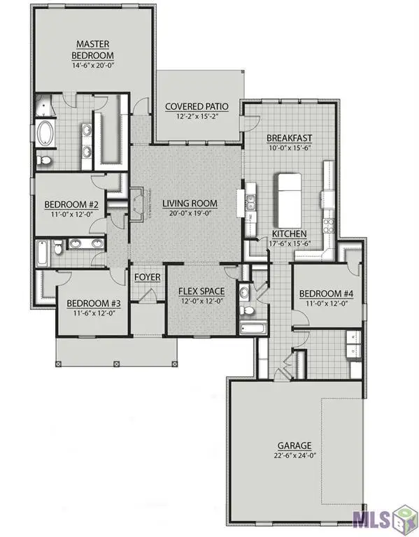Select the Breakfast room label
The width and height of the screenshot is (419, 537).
[x=289, y=138]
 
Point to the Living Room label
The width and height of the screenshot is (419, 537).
[x=190, y=204]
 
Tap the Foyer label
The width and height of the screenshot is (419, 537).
[x=148, y=278]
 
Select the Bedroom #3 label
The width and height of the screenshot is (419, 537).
[x=94, y=303]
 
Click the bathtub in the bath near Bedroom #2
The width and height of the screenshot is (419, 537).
[x=43, y=252]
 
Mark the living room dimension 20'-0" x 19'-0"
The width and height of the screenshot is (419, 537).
[x=190, y=214]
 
